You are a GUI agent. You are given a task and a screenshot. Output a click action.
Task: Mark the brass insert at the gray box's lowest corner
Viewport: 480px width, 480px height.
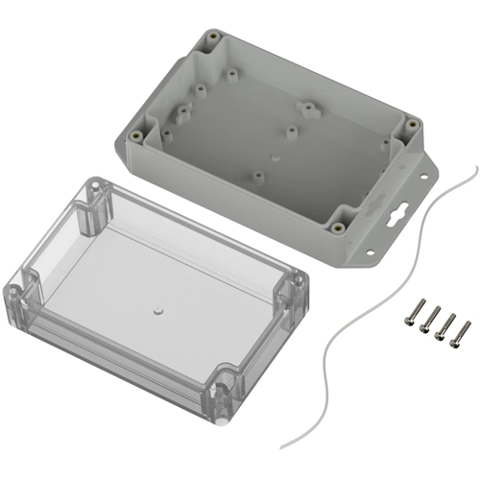[x=339, y=228]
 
